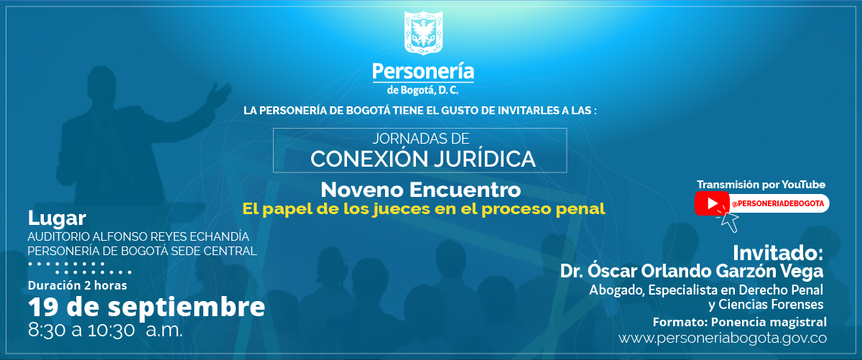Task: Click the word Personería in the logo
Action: [423, 72]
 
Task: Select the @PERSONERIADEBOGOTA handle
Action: [778, 204]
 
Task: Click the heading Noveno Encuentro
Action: [420, 190]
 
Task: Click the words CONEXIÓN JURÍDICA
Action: [423, 158]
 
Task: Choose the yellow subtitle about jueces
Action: [424, 209]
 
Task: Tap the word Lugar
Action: [57, 218]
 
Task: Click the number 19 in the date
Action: [42, 308]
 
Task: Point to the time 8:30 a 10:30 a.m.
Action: [105, 331]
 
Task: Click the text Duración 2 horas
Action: [78, 285]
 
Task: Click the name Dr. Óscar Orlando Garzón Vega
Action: [692, 272]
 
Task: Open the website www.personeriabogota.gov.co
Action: [723, 338]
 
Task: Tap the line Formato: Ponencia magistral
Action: [739, 321]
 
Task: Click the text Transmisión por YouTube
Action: [761, 185]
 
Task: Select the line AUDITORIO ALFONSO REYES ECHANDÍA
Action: [138, 236]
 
